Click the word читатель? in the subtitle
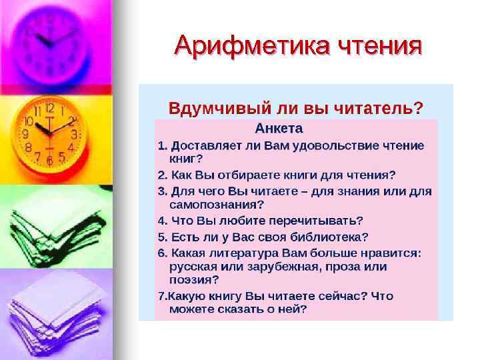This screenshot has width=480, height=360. [379, 107]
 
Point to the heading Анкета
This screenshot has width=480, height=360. [279, 128]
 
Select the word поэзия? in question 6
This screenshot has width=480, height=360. [194, 279]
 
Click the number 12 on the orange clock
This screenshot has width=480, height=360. [49, 107]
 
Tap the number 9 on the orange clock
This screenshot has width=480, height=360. [25, 134]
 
